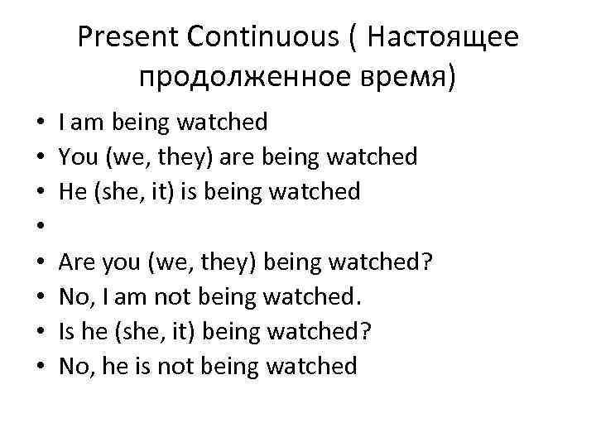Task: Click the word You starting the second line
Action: [x=77, y=157]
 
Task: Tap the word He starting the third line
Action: [x=71, y=192]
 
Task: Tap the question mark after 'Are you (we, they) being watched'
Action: [x=428, y=262]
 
